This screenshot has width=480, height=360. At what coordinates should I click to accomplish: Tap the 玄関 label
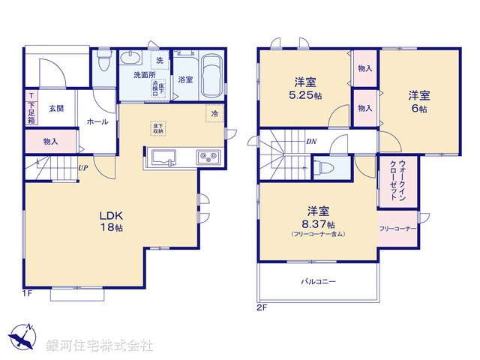pyautogui.click(x=57, y=109)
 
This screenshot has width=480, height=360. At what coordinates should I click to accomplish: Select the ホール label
pyautogui.click(x=97, y=122)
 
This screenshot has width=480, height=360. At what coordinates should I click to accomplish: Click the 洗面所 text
pyautogui.click(x=144, y=75)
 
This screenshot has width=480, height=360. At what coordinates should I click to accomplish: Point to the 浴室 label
pyautogui.click(x=185, y=79)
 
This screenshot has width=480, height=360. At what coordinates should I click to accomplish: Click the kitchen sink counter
pyautogui.click(x=163, y=157)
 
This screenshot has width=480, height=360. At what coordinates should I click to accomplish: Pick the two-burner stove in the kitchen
pyautogui.click(x=207, y=157)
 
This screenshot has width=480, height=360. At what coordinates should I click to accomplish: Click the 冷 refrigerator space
pyautogui.click(x=214, y=113)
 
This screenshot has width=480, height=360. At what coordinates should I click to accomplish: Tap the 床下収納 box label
pyautogui.click(x=158, y=128)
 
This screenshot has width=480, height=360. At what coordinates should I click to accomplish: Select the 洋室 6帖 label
pyautogui.click(x=418, y=102)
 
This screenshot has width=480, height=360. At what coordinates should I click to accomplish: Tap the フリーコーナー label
pyautogui.click(x=397, y=228)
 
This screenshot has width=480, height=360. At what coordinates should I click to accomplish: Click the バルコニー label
pyautogui.click(x=319, y=281)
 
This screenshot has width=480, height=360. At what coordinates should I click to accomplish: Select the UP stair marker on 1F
pyautogui.click(x=83, y=168)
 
